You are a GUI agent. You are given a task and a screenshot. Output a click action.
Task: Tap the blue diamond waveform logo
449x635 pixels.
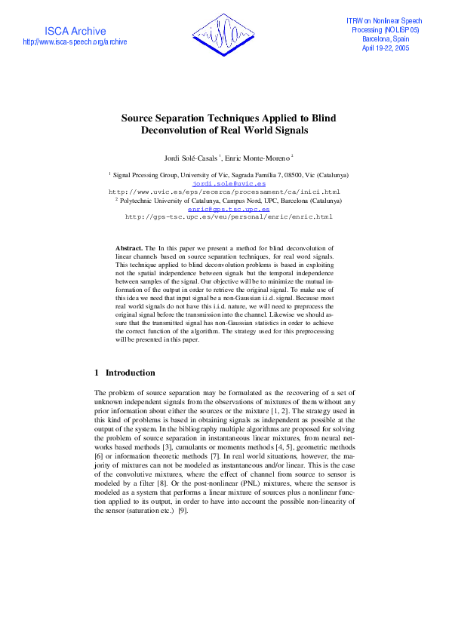pos(224,35)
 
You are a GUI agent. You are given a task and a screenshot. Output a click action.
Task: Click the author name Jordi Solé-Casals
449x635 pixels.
pos(191,158)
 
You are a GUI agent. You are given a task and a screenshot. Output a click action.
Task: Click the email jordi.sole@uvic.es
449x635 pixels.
pos(229,183)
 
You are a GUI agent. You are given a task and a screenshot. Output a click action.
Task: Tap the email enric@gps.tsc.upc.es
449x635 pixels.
pos(229,209)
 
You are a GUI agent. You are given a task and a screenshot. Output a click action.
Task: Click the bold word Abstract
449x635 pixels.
pos(129,247)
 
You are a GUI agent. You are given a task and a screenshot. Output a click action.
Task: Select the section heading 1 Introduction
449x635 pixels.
pos(125,373)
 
